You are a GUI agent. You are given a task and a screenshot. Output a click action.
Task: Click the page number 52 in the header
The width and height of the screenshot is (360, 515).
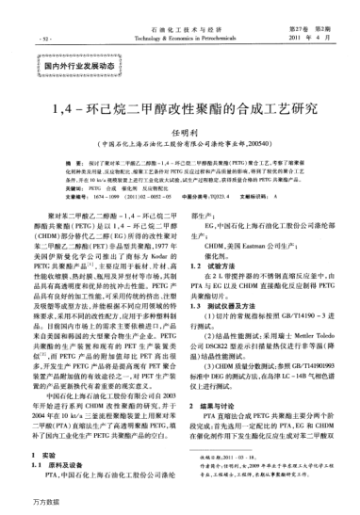45,39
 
